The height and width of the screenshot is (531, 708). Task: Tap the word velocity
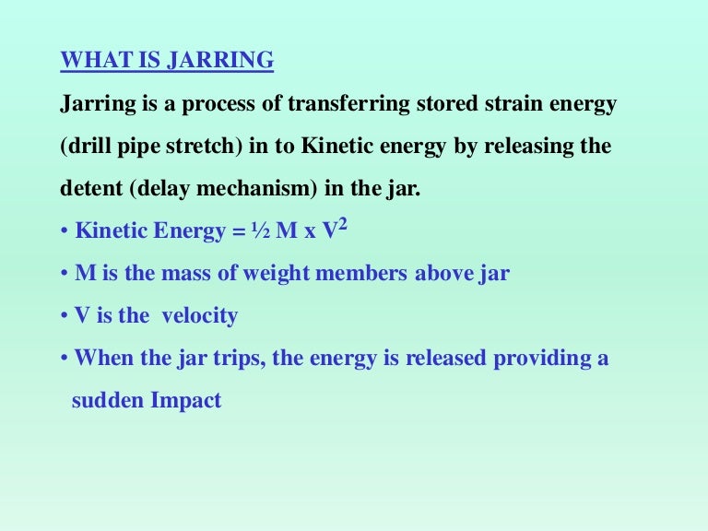[200, 316]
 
